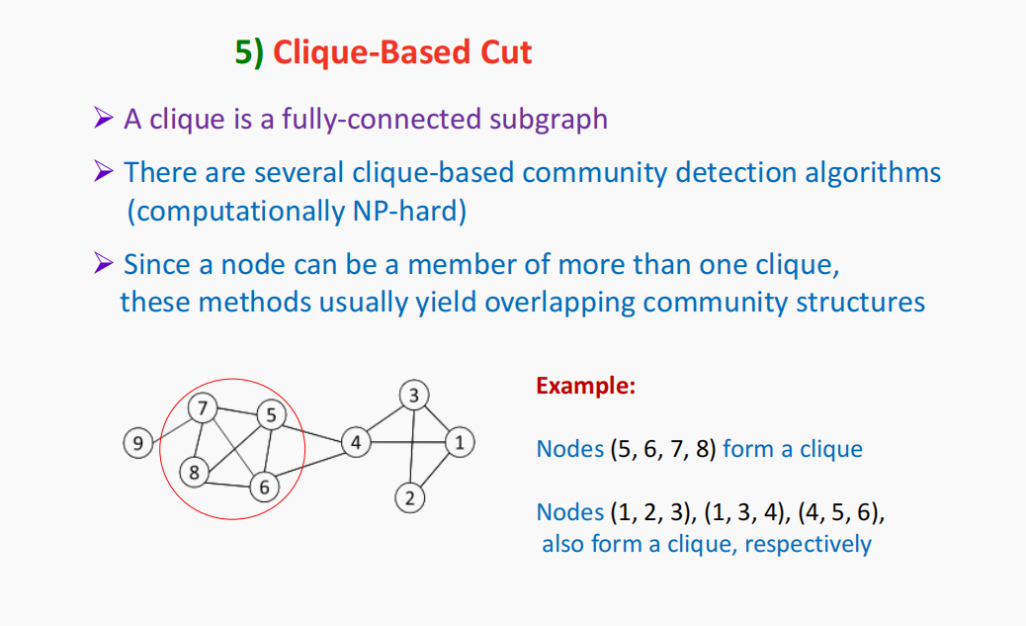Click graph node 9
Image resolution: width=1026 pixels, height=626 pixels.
click(x=138, y=443)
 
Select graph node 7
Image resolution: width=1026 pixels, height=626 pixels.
click(x=203, y=407)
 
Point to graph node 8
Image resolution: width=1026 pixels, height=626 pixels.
click(x=195, y=473)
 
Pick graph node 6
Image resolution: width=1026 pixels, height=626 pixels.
click(x=264, y=488)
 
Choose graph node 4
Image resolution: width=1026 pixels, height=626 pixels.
click(x=355, y=441)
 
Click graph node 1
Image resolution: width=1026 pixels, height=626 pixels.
click(x=459, y=443)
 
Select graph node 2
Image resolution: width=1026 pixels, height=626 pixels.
click(x=409, y=496)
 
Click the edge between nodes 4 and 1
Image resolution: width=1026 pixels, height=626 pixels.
click(x=406, y=442)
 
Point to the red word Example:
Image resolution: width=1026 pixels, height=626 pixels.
click(x=585, y=386)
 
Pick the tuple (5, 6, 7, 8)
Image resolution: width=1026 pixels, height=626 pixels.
click(x=661, y=449)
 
